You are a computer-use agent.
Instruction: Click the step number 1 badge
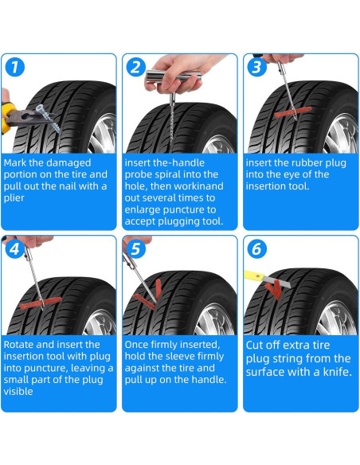14,68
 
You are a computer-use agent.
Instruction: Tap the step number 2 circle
136,68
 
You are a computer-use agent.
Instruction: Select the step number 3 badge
256,68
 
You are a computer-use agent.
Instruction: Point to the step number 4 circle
14,249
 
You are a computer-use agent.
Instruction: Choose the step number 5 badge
136,249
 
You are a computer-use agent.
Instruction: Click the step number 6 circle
256,249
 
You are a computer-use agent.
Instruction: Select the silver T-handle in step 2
174,76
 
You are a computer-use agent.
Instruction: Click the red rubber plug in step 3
293,112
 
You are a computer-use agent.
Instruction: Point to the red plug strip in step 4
41,303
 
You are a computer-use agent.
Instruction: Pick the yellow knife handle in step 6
254,276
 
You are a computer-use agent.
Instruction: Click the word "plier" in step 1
14,198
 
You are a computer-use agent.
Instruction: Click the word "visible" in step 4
18,392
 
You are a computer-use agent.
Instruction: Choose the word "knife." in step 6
338,372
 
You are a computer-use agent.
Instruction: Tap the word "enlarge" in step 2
143,210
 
